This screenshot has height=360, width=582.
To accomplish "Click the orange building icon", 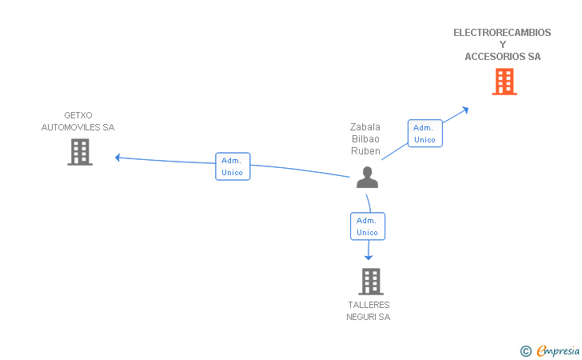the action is click(x=504, y=82).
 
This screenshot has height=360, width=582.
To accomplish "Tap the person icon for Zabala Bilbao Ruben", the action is click(x=367, y=178).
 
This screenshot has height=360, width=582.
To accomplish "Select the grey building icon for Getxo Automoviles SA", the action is click(x=80, y=152).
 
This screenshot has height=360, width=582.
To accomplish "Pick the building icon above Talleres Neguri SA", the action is click(x=371, y=282).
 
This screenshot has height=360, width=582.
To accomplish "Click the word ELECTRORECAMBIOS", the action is click(x=502, y=33).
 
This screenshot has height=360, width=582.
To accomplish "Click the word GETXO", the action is click(x=78, y=115).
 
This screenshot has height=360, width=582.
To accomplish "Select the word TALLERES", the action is click(x=369, y=305).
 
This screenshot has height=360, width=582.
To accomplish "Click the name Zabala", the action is click(x=365, y=127).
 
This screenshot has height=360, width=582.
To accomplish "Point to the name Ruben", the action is click(x=365, y=151).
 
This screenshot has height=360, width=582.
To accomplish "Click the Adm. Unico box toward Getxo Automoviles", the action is click(x=233, y=166).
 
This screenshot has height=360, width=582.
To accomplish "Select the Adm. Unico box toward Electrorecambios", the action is click(x=425, y=134).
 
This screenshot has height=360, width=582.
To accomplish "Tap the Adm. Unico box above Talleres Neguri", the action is click(x=368, y=226).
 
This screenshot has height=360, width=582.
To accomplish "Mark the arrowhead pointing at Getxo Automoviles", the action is click(x=118, y=158).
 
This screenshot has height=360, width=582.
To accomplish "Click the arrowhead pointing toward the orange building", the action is click(x=465, y=110).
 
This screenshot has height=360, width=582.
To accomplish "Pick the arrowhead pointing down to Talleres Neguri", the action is click(x=369, y=258).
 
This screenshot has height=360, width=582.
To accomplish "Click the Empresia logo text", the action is click(x=558, y=350).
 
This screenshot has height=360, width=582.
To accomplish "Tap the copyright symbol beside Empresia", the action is click(x=525, y=351).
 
